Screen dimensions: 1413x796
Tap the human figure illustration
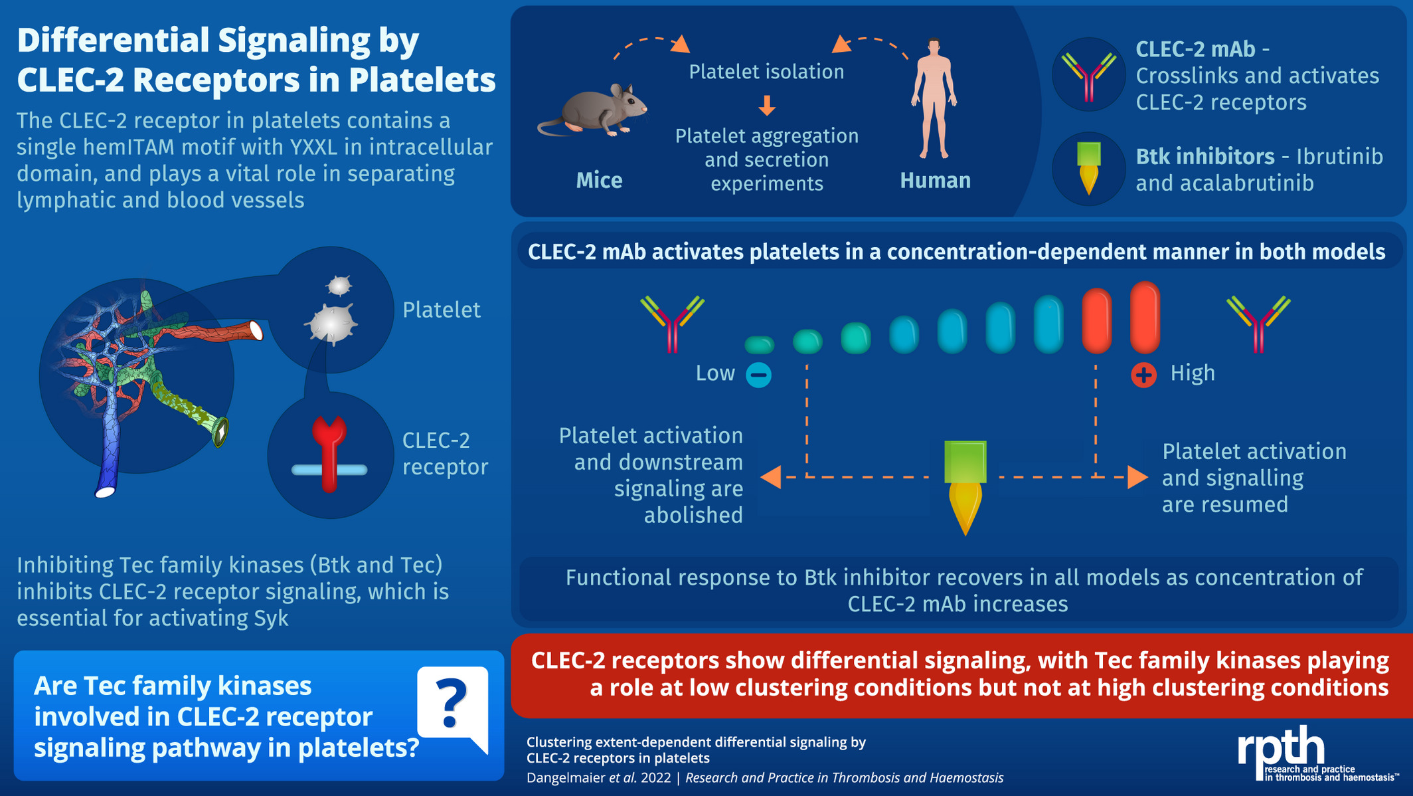tap(934, 98)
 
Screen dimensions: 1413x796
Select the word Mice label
tap(599, 180)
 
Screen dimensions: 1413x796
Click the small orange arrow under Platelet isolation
tap(767, 105)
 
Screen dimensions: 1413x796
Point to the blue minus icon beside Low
tap(758, 375)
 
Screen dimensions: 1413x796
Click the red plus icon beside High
tap(1143, 375)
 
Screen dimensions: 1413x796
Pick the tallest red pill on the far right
tap(1145, 317)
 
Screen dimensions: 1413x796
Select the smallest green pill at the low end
tap(760, 344)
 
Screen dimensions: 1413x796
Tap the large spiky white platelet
tap(331, 324)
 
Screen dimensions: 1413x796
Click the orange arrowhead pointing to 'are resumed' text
tap(1137, 477)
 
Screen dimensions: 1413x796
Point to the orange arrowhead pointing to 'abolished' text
tap(770, 477)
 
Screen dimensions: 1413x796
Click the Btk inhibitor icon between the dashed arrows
tap(965, 488)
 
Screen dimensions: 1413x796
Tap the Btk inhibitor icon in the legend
tap(1088, 169)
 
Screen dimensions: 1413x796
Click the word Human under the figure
tap(935, 180)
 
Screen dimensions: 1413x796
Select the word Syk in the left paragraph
tap(271, 619)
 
